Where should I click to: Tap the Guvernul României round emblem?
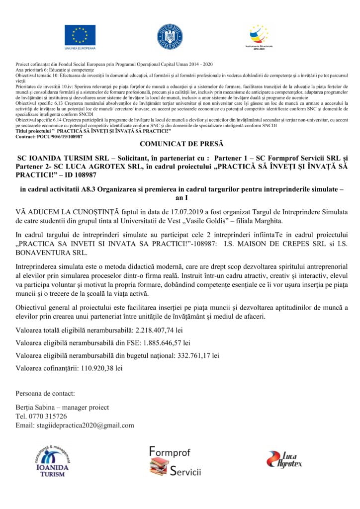tap(170, 36)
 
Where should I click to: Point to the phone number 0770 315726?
tap(47, 416)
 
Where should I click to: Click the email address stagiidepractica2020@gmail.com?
tap(85, 425)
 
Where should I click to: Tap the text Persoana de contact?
tap(45, 393)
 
